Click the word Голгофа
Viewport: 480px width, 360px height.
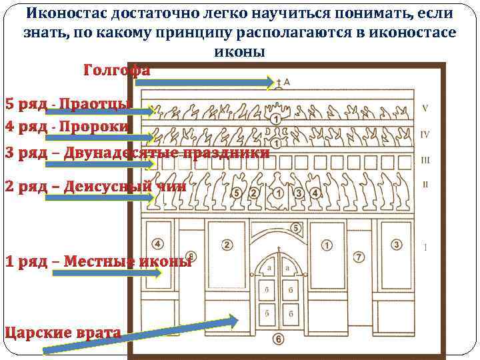tap(117, 71)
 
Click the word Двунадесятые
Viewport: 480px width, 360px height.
tap(115, 153)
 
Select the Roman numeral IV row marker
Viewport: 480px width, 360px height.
tap(425, 135)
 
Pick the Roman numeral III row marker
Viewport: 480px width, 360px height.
tap(425, 160)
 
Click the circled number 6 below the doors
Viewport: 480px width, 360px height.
tap(278, 339)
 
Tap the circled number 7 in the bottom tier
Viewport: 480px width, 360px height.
tap(358, 257)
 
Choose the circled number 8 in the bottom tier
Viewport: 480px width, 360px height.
tap(192, 256)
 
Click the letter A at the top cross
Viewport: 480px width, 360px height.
tap(287, 81)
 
